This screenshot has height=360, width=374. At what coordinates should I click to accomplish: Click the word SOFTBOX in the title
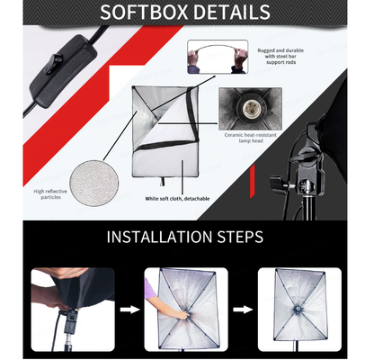144,13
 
